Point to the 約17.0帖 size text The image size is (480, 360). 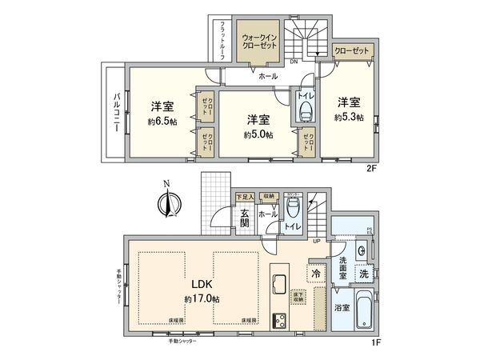point(202,298)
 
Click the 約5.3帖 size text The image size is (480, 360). point(349,117)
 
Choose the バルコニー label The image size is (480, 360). point(116,112)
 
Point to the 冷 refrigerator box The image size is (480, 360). point(317,273)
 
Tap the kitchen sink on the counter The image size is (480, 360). point(280,283)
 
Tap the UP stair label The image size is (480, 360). point(317,242)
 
